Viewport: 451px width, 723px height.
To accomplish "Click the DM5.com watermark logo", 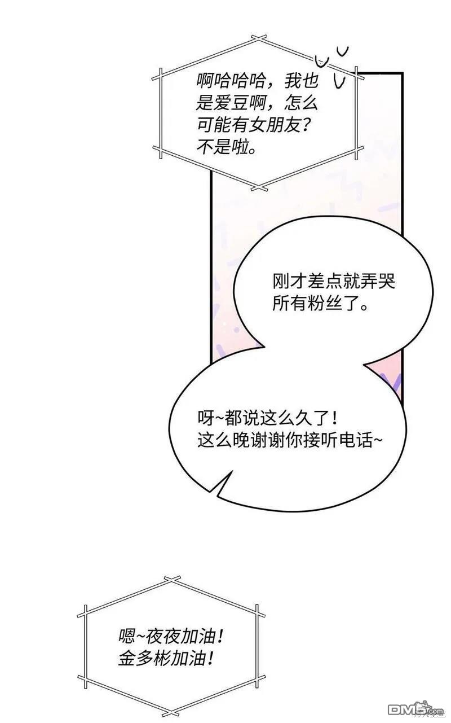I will (x=419, y=710).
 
